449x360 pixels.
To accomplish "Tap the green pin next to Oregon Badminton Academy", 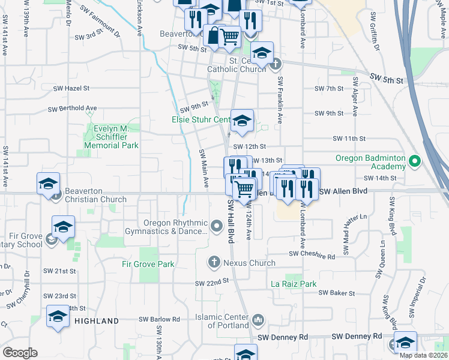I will click(x=414, y=161).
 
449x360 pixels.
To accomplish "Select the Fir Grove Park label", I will click(x=148, y=264).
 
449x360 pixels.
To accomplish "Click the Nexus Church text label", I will click(x=249, y=263).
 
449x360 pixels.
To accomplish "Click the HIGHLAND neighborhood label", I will click(x=97, y=321).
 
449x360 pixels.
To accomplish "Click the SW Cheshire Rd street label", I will click(x=312, y=256).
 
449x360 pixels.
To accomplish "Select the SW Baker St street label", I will click(x=337, y=293).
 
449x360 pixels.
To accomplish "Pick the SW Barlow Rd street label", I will click(x=159, y=320).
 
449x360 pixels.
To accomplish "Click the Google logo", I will click(x=20, y=353).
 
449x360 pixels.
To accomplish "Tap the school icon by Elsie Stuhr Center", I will click(x=242, y=121).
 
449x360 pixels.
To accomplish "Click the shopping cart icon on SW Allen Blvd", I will click(x=244, y=188).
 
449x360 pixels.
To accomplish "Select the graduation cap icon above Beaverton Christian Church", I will click(x=48, y=184).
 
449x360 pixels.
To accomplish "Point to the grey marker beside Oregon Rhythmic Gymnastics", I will click(x=217, y=226).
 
